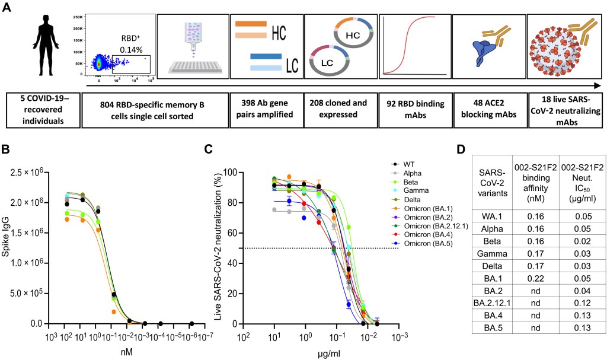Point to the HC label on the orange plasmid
click(x=353, y=36)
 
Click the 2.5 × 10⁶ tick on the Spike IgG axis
click(x=34, y=173)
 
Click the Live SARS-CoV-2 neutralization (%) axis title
click(x=219, y=246)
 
